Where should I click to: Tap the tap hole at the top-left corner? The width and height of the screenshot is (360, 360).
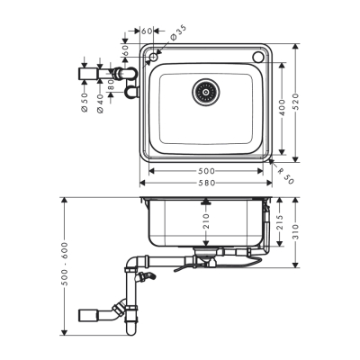click(154, 58)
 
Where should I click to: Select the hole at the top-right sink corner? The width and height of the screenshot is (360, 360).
click(259, 58)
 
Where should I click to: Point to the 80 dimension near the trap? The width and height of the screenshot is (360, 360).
click(112, 86)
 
